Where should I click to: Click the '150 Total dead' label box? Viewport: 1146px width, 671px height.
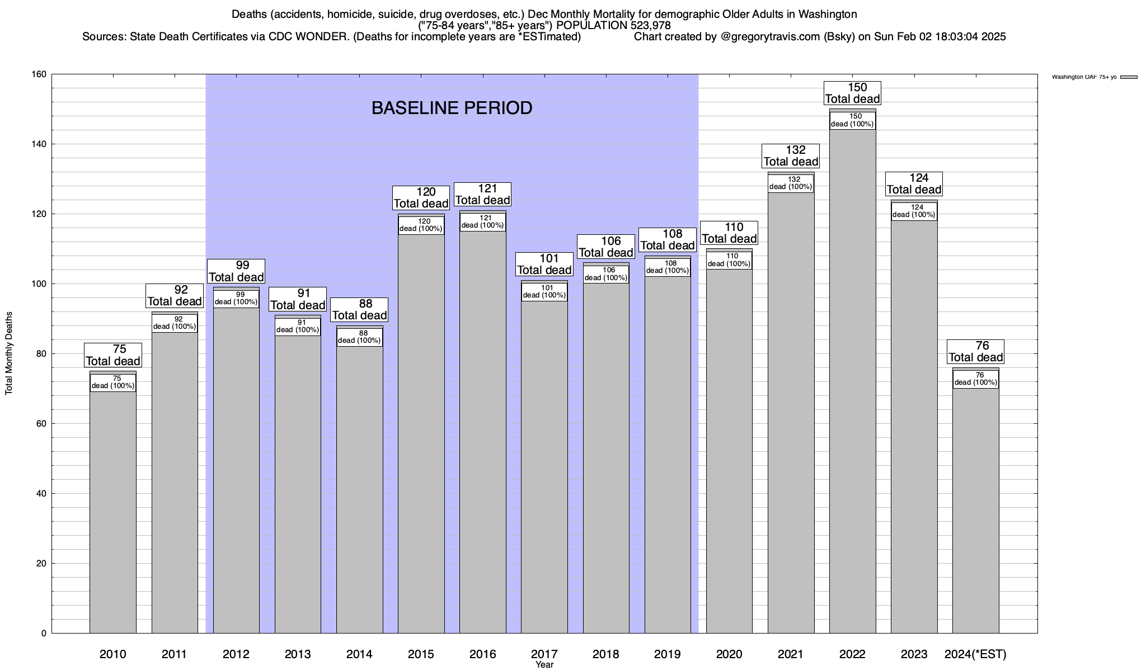coord(852,93)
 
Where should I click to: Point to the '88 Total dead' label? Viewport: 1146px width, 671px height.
coord(359,310)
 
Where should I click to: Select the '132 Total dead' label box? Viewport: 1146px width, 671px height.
coord(791,156)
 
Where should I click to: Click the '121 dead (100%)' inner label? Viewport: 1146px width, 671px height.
coord(483,222)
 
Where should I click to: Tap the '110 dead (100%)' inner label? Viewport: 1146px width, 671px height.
coord(729,260)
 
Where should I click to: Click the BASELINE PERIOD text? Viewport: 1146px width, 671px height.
coord(452,108)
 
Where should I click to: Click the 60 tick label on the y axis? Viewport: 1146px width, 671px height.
coord(41,424)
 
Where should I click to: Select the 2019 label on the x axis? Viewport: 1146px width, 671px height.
coord(668,654)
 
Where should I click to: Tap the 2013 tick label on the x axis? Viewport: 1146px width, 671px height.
coord(298,654)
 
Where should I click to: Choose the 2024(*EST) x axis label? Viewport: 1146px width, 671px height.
coord(975,654)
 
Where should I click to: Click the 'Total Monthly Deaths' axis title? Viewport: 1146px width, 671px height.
coord(9,353)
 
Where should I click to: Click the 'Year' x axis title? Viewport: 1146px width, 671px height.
coord(544,665)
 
